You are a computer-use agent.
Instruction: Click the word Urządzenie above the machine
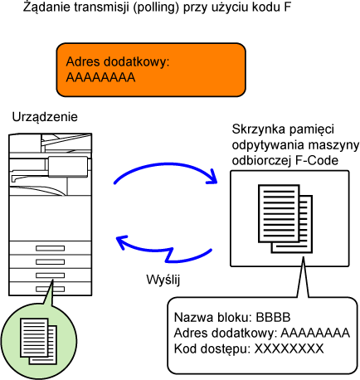click(45, 117)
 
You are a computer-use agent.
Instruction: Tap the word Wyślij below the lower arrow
click(163, 280)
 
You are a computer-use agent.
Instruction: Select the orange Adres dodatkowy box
click(151, 70)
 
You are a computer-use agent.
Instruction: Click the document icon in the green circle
click(38, 342)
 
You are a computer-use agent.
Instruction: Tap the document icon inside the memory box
click(285, 219)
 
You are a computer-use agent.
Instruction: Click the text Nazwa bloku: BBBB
click(232, 317)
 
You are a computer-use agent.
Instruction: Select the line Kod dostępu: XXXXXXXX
click(249, 348)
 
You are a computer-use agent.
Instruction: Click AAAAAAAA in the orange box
click(100, 77)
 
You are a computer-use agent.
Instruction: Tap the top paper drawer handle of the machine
click(50, 248)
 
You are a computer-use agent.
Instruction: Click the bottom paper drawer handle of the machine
click(50, 289)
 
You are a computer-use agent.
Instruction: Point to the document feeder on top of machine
click(66, 143)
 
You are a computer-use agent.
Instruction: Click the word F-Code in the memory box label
click(317, 160)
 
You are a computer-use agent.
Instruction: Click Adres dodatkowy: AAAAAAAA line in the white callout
click(262, 333)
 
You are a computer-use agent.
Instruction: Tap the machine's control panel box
click(68, 167)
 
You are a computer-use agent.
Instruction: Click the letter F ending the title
click(287, 7)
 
